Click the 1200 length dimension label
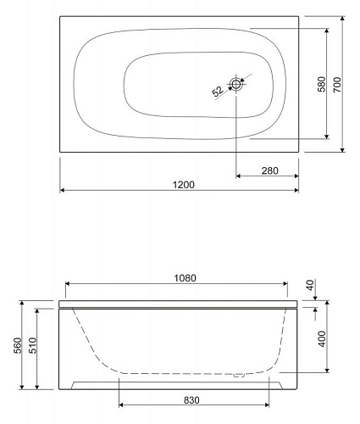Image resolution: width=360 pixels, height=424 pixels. [183, 185]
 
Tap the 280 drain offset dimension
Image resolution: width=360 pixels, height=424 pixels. [269, 170]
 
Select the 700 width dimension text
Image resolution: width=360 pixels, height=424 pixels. [337, 85]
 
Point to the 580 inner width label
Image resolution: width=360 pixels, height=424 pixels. [321, 84]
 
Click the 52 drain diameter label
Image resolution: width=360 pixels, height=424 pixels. [218, 92]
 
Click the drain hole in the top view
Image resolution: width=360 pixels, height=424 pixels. [235, 84]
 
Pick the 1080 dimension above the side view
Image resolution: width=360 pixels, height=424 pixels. [185, 278]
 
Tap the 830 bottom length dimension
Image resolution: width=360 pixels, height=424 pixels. [191, 400]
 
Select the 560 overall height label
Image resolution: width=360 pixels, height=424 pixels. [18, 345]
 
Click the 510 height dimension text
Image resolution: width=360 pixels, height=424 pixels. [33, 345]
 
